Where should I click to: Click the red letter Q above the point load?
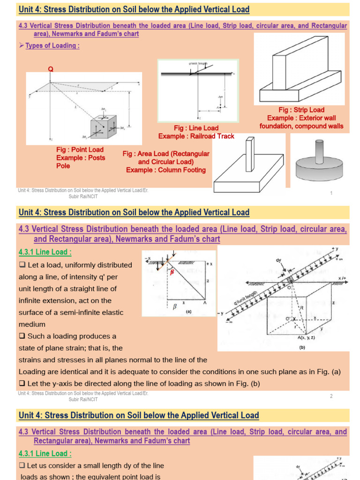[51, 69]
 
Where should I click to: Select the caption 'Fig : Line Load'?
[196, 128]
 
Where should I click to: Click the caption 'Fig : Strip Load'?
[301, 110]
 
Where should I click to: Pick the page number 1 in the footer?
[331, 193]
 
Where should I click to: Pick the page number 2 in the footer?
[331, 396]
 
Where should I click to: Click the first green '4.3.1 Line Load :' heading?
[45, 252]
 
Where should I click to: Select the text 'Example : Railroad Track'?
[196, 136]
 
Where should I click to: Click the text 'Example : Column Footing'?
[166, 170]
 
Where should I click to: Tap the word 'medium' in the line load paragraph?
[32, 324]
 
